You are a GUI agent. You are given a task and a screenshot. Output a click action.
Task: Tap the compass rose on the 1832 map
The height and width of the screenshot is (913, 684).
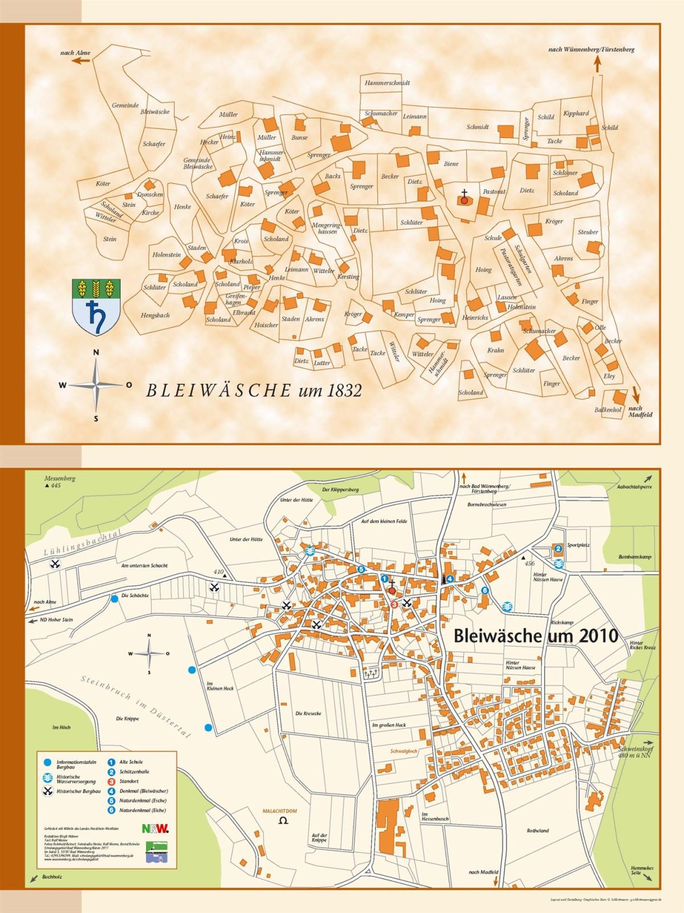point(96,386)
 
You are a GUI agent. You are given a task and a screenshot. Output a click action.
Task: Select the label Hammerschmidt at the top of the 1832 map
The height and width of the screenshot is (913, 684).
point(387,83)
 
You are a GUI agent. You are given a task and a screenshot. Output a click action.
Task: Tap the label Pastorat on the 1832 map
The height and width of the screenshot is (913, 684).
point(494,192)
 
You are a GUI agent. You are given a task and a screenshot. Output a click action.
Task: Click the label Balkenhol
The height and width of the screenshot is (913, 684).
point(607,410)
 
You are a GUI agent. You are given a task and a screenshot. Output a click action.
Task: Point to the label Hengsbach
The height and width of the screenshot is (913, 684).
point(155,315)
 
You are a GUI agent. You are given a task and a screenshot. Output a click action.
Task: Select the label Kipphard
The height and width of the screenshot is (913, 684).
point(576,113)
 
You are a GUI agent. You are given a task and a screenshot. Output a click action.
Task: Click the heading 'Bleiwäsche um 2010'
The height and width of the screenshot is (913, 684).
point(535,636)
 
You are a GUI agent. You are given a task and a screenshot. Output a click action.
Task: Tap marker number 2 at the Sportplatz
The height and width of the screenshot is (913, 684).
point(559,549)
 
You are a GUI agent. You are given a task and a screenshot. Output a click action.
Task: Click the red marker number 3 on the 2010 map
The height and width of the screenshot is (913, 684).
point(394,604)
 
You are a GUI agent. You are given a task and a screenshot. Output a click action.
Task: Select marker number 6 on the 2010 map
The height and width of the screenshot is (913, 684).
point(485,590)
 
